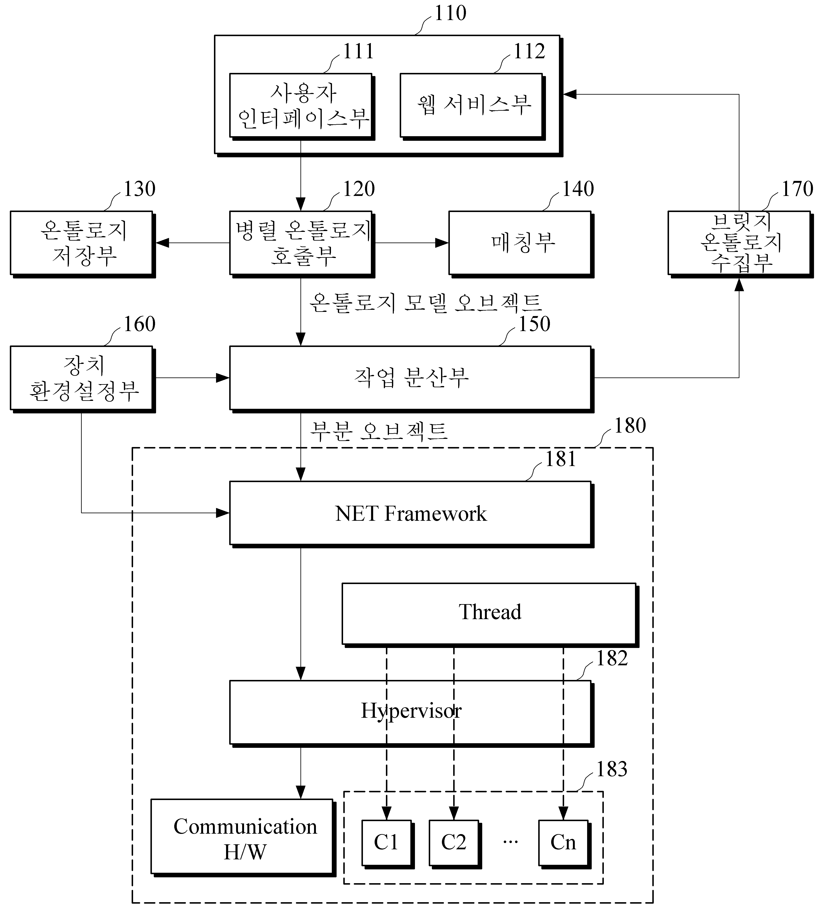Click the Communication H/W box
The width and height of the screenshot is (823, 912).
point(243,838)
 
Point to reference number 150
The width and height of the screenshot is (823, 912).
point(534,324)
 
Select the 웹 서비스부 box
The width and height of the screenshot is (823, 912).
point(473,107)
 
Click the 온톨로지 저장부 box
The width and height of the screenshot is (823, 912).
point(83,244)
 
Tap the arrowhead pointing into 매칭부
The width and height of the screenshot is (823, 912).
point(442,243)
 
